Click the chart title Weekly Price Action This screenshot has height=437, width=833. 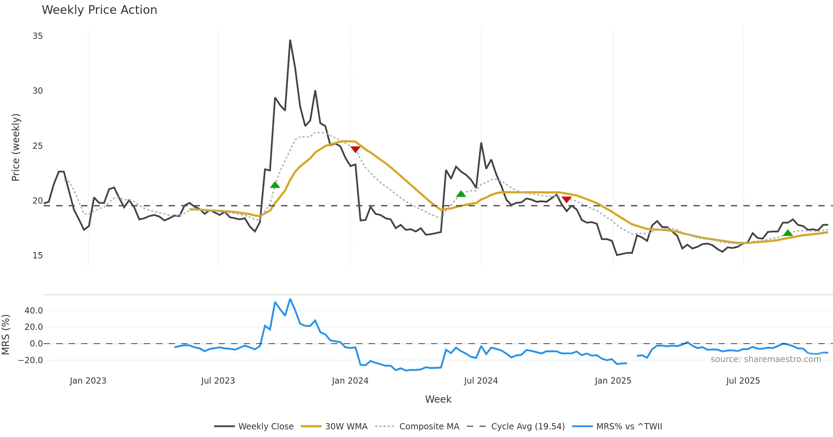(x=99, y=10)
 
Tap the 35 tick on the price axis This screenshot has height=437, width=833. (x=37, y=36)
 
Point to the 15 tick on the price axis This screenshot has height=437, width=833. (x=37, y=256)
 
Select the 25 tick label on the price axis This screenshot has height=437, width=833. (x=37, y=146)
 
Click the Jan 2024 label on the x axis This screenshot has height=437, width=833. (x=350, y=381)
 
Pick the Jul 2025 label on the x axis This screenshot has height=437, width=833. (x=743, y=381)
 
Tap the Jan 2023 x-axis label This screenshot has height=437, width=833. (x=88, y=381)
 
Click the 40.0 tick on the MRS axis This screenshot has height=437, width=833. (x=34, y=311)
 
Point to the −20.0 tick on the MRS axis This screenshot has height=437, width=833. (x=31, y=360)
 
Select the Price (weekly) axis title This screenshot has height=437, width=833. (x=16, y=147)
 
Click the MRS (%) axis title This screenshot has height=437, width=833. (x=6, y=335)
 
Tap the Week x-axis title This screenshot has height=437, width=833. (x=438, y=400)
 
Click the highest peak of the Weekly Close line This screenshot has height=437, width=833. (x=290, y=40)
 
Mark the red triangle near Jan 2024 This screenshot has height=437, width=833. (x=355, y=149)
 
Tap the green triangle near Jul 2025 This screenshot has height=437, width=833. (x=788, y=233)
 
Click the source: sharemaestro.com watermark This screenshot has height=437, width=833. (x=766, y=359)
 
